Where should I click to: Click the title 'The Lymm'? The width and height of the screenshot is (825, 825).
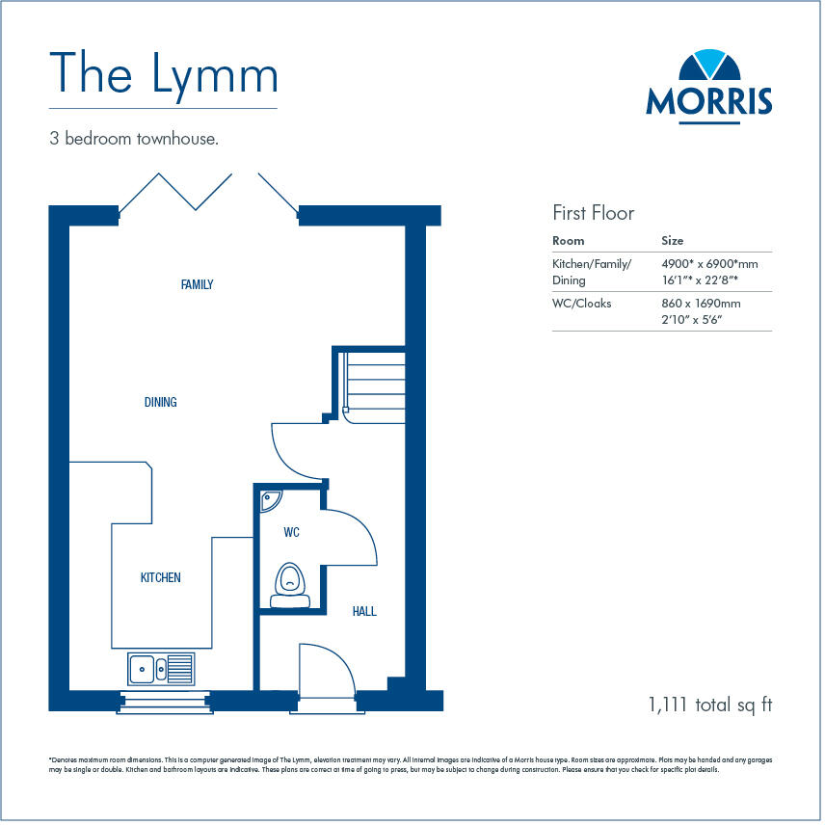163,75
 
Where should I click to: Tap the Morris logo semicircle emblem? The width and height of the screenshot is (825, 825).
708,67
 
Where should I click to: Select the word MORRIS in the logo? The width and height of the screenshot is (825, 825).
708,101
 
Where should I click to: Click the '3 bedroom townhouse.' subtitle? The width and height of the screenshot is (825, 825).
134,139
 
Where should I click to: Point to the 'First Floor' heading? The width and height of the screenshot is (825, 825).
593,213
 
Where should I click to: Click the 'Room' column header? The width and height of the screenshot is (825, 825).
568,241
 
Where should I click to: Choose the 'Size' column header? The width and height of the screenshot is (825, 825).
673,241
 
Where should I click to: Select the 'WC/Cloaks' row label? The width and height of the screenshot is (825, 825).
581,303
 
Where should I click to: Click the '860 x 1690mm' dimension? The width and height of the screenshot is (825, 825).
701,303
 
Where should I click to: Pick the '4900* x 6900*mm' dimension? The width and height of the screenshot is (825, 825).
709,263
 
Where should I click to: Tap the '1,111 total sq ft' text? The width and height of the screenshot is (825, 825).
710,705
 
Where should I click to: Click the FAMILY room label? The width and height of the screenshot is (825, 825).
197,285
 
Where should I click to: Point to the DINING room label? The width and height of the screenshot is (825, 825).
160,402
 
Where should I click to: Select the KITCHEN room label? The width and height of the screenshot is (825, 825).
160,577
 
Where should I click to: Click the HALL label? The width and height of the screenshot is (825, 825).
364,611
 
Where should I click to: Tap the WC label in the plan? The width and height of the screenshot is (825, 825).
292,532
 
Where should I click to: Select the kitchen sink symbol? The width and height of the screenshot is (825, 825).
160,667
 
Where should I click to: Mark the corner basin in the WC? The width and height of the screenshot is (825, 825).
271,499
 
